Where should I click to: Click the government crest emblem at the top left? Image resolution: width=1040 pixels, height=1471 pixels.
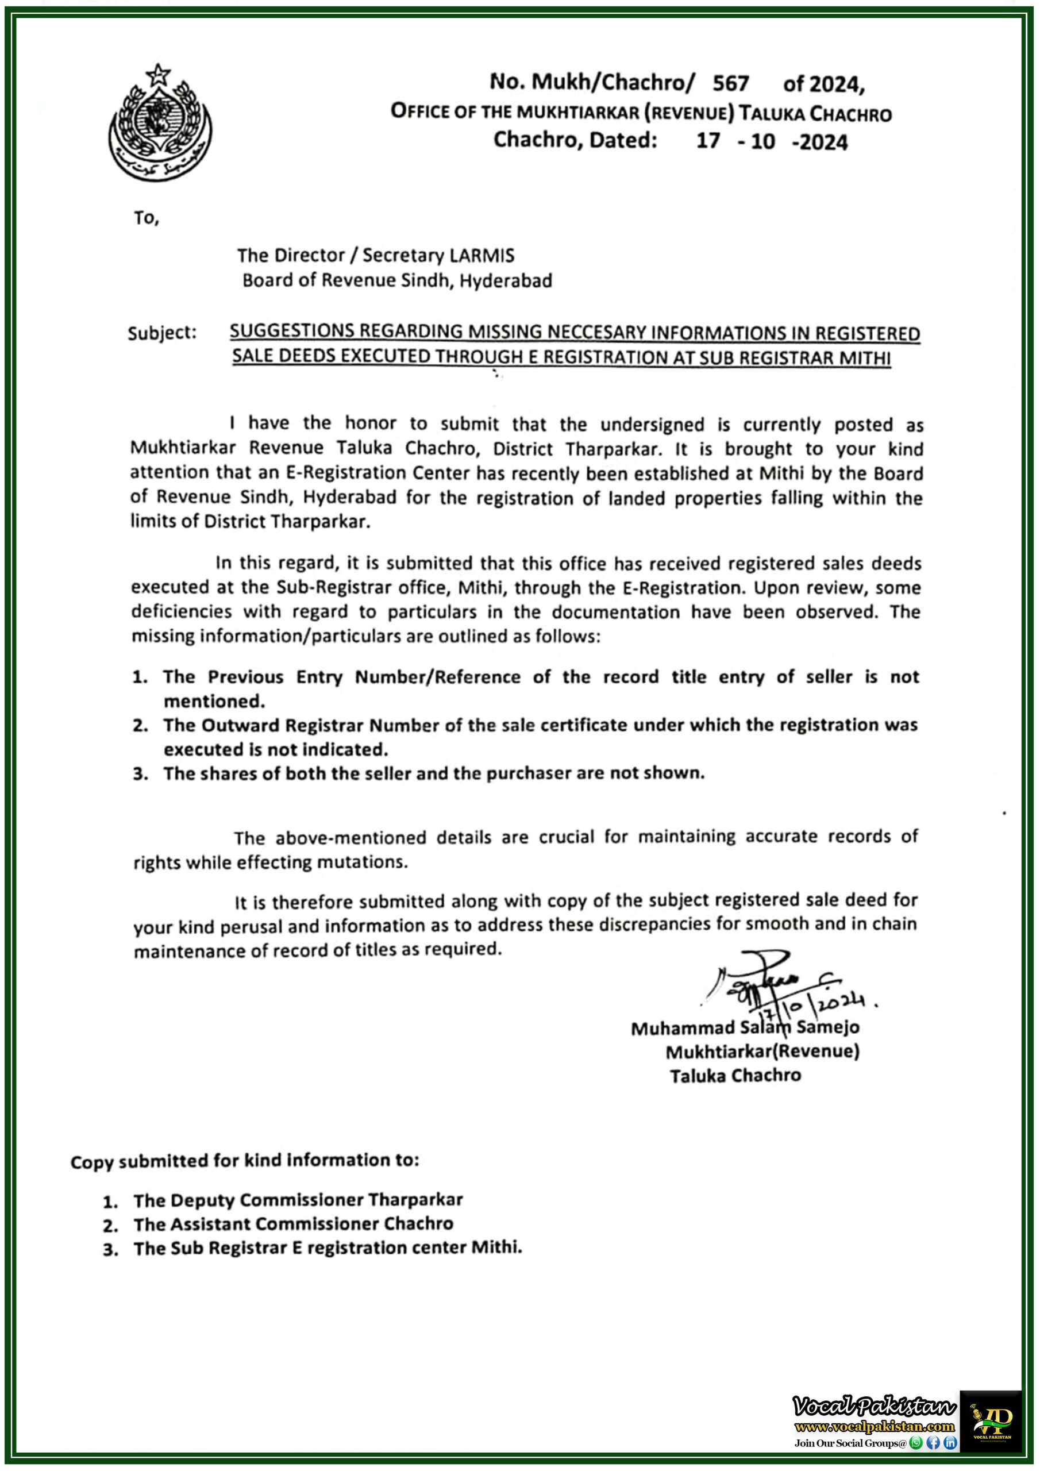[160, 123]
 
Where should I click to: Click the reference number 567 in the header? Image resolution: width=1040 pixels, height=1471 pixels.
[730, 83]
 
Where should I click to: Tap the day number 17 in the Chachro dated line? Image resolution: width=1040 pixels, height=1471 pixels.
[707, 140]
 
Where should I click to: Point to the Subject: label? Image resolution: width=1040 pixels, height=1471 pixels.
[161, 333]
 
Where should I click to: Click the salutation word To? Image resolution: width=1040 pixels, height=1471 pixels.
[146, 218]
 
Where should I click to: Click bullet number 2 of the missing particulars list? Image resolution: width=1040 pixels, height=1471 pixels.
[140, 726]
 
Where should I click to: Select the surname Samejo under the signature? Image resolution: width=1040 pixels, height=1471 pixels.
[827, 1027]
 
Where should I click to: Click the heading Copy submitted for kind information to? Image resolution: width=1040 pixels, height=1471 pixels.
[244, 1160]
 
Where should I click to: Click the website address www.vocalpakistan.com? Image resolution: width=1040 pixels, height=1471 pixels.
[874, 1426]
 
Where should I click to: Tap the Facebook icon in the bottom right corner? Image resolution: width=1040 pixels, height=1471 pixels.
[933, 1442]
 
